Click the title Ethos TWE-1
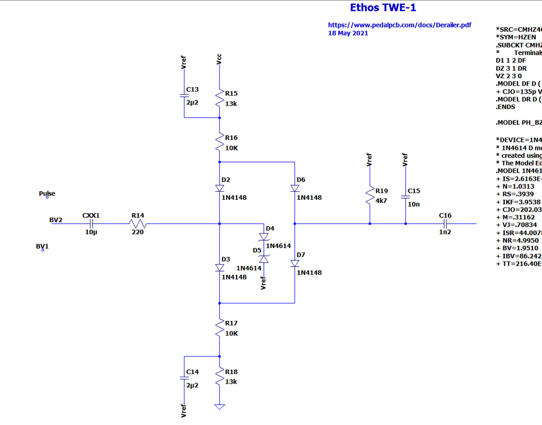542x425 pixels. (x=383, y=8)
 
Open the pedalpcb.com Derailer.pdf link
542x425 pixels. (x=399, y=25)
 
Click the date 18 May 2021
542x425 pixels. (x=348, y=33)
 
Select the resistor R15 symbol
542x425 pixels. (x=220, y=98)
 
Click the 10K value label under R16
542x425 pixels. (x=231, y=147)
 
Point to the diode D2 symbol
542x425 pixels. (x=220, y=188)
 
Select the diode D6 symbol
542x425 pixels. (x=294, y=188)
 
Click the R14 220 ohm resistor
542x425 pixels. (x=137, y=224)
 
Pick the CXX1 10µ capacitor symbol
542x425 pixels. (x=91, y=224)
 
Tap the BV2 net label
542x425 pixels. (x=56, y=219)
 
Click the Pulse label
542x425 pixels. (x=47, y=194)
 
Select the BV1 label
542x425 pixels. (x=42, y=246)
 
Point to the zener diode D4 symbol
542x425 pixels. (x=263, y=237)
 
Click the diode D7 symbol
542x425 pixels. (x=294, y=263)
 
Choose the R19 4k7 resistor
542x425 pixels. (x=369, y=195)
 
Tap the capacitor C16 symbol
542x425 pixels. (x=445, y=224)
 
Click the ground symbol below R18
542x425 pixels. (x=220, y=407)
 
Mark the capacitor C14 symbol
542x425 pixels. (x=184, y=378)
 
